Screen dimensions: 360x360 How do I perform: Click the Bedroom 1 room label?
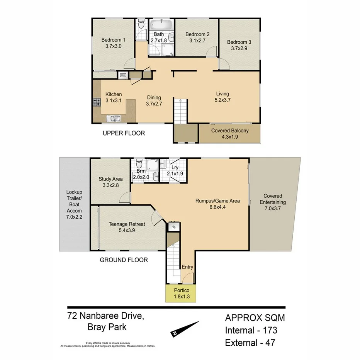[113, 39]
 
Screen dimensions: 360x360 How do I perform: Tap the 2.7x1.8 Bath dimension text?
[159, 40]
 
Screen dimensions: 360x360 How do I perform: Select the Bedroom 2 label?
[197, 34]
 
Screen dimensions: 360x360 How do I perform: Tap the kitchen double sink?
[115, 119]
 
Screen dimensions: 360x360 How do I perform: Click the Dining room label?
[153, 97]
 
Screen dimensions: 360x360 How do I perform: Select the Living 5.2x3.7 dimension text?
[222, 100]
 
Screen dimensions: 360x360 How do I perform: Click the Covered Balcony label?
[230, 131]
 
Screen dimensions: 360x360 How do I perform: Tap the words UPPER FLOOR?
[124, 133]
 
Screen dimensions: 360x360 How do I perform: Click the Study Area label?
[110, 179]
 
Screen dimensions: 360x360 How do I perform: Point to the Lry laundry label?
[175, 168]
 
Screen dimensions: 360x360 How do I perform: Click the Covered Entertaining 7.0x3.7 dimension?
[273, 209]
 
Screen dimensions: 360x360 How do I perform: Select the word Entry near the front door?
[187, 267]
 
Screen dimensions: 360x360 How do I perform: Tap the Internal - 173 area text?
[251, 330]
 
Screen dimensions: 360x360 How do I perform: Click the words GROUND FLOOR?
[124, 260]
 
